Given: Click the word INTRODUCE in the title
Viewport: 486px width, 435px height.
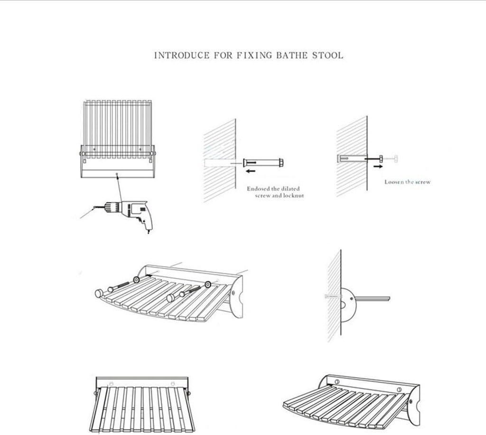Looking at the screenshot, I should click(181, 56).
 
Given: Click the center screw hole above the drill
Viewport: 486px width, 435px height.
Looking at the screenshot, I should click(117, 174).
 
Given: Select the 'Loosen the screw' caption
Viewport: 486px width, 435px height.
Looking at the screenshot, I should click(407, 182).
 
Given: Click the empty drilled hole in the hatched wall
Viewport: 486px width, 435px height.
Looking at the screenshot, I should click(220, 162).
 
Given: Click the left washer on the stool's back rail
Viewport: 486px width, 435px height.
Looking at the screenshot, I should click(136, 280).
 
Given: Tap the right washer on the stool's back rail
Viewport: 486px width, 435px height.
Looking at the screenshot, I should click(207, 285).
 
